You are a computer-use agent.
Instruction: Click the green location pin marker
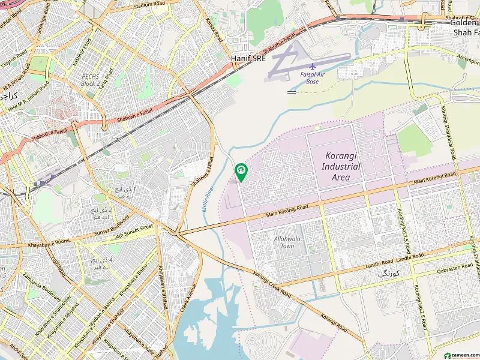click(241, 172)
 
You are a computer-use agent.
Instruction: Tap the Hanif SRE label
click(248, 58)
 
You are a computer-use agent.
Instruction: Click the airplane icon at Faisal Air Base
click(312, 65)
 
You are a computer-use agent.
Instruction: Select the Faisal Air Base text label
click(312, 77)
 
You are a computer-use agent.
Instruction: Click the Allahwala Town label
click(284, 242)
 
